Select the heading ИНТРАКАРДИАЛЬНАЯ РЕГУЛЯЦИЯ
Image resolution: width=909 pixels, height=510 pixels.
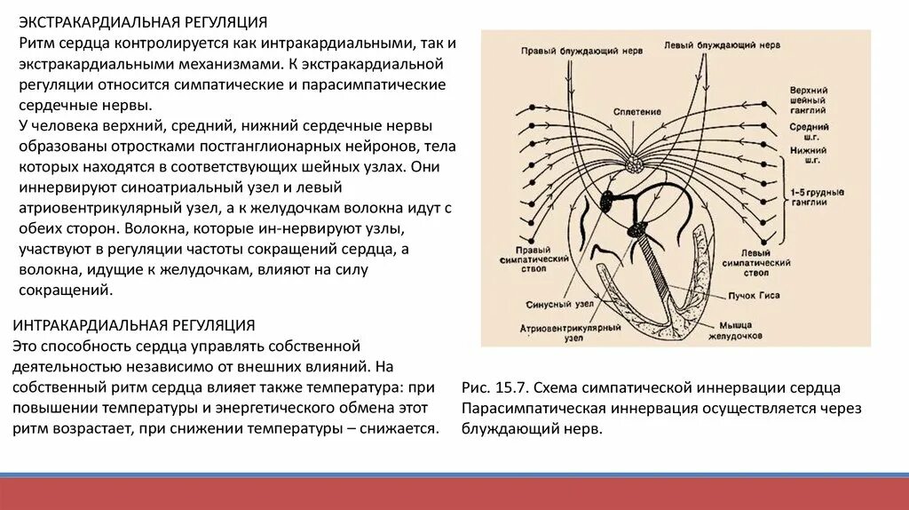point(135,325)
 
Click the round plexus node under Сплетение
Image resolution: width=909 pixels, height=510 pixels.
point(635,163)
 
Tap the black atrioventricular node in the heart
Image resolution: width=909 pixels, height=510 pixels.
point(639,231)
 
